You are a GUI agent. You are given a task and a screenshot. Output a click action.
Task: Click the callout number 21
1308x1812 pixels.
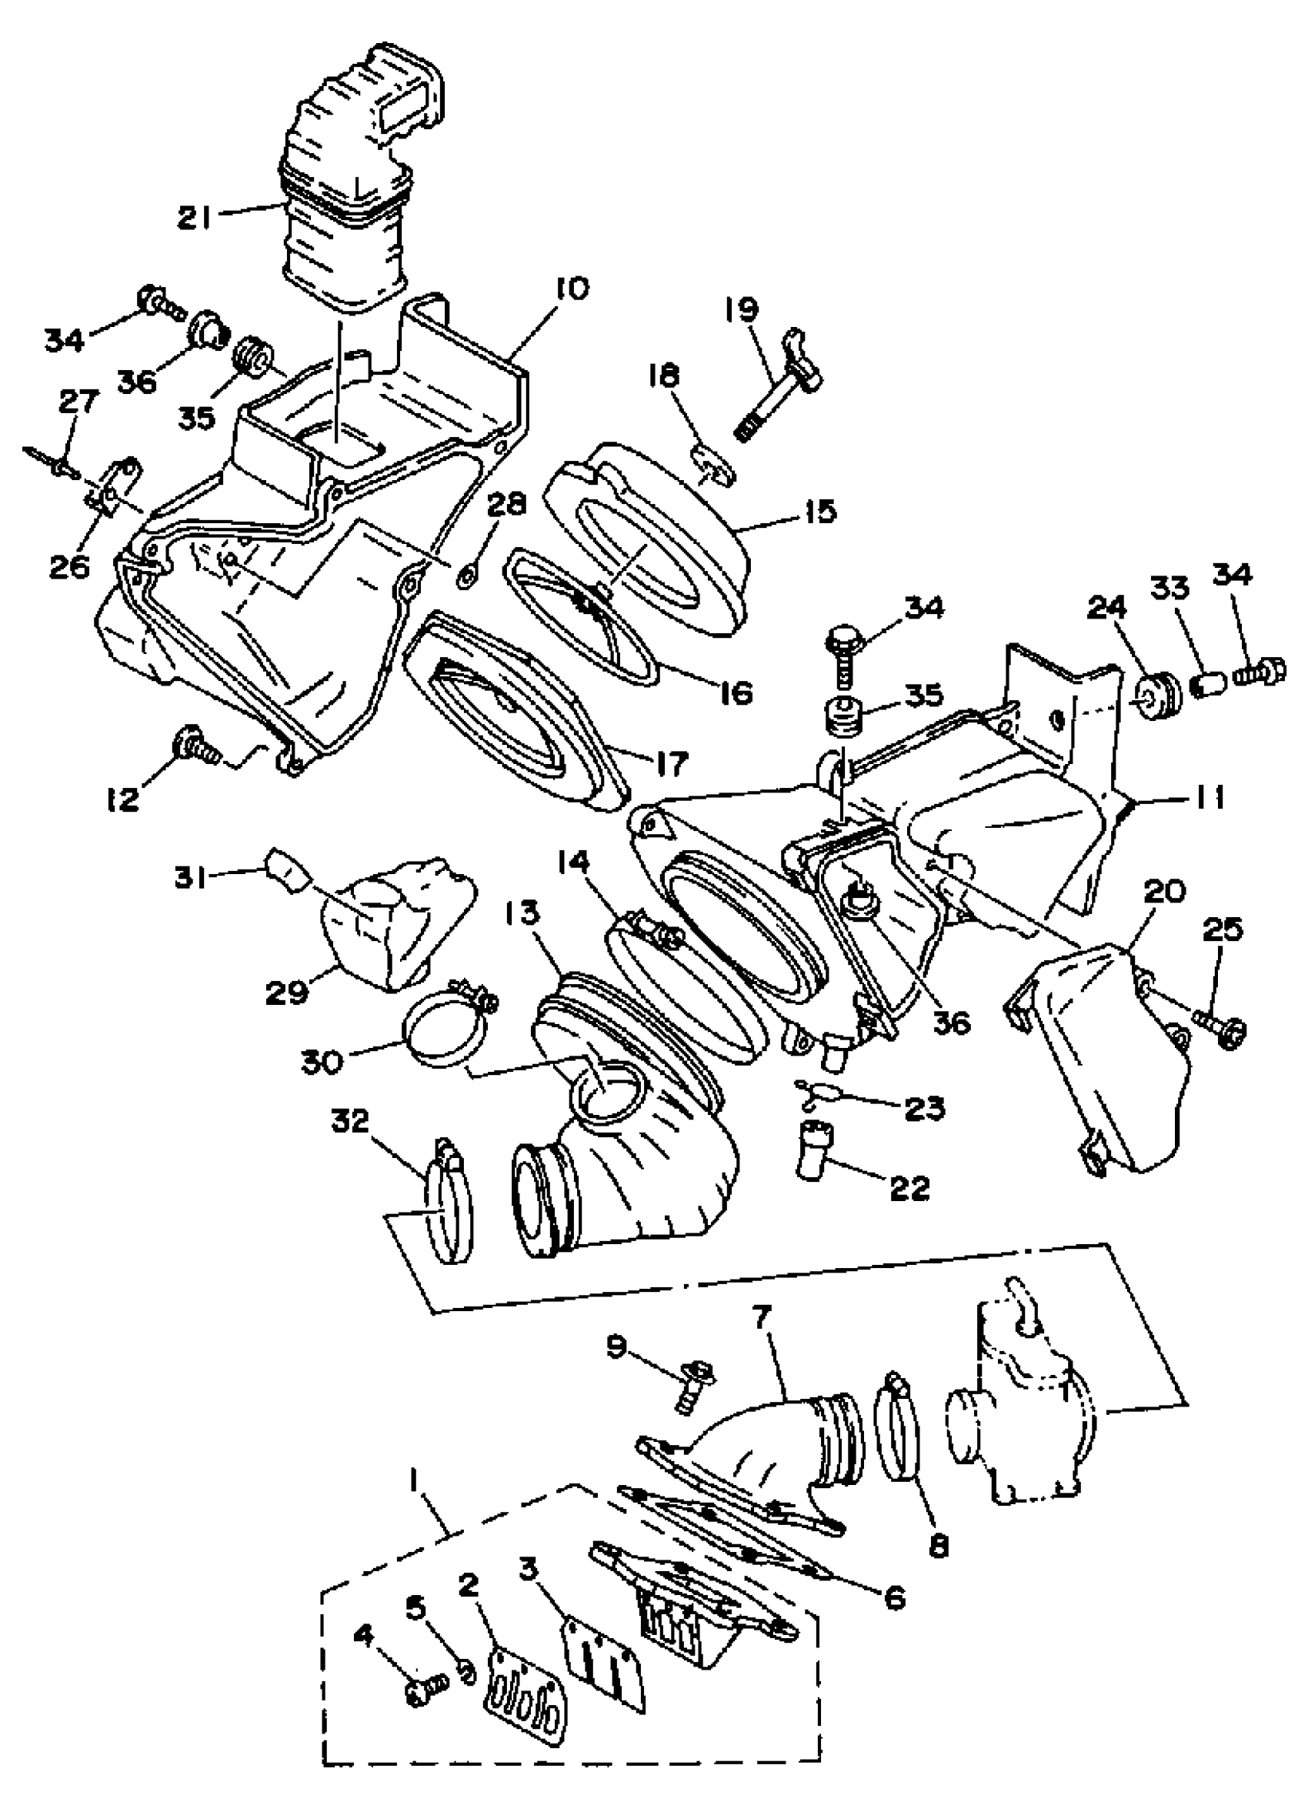coord(194,217)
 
